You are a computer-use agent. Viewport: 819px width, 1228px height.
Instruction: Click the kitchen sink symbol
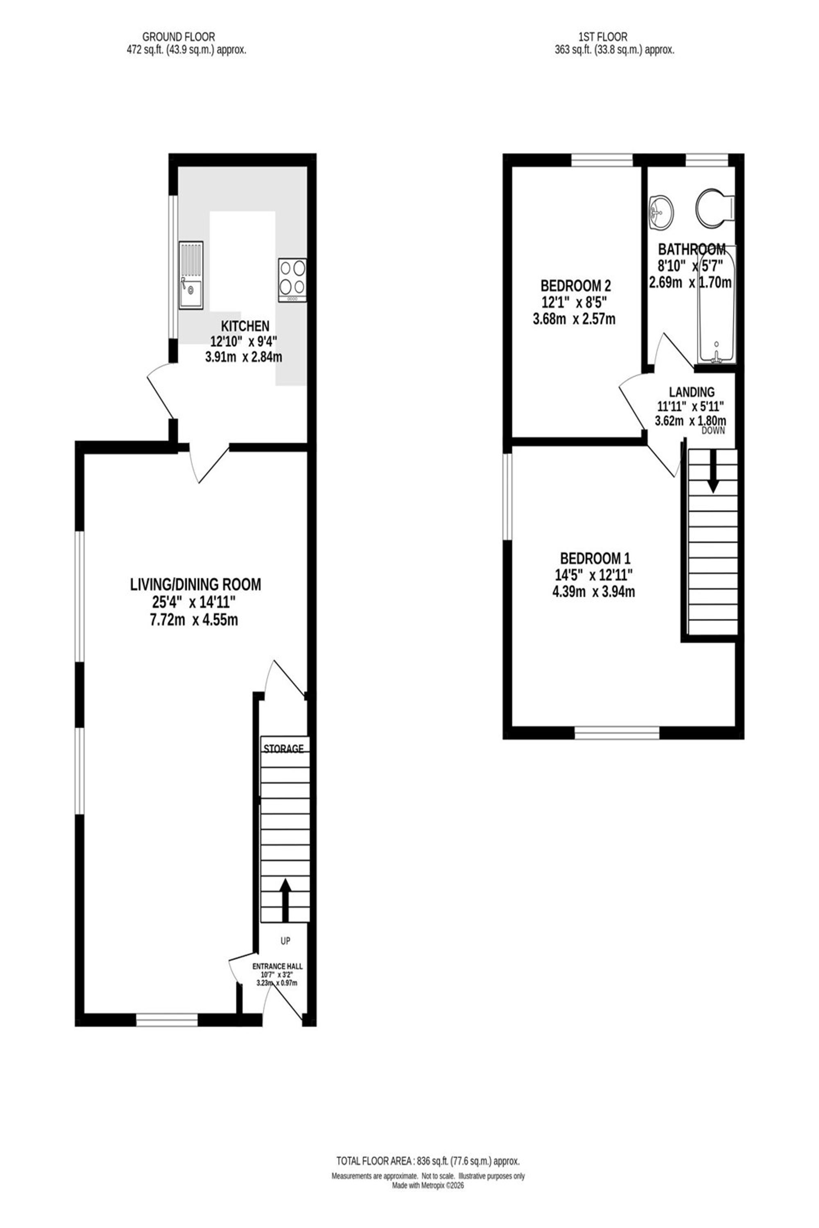[191, 275]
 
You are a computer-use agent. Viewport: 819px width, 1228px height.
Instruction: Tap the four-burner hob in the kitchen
[292, 280]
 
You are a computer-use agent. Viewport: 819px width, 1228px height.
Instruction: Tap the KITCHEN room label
[245, 326]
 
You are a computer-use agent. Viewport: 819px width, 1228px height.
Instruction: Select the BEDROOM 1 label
[591, 558]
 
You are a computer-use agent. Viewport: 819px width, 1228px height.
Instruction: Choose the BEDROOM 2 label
[576, 286]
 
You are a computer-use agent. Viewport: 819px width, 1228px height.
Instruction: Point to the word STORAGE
[284, 749]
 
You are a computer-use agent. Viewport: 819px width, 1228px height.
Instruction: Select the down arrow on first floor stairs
[713, 471]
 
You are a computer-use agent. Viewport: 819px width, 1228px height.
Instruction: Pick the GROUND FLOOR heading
[179, 37]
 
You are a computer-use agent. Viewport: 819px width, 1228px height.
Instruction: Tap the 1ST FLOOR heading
[603, 37]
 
